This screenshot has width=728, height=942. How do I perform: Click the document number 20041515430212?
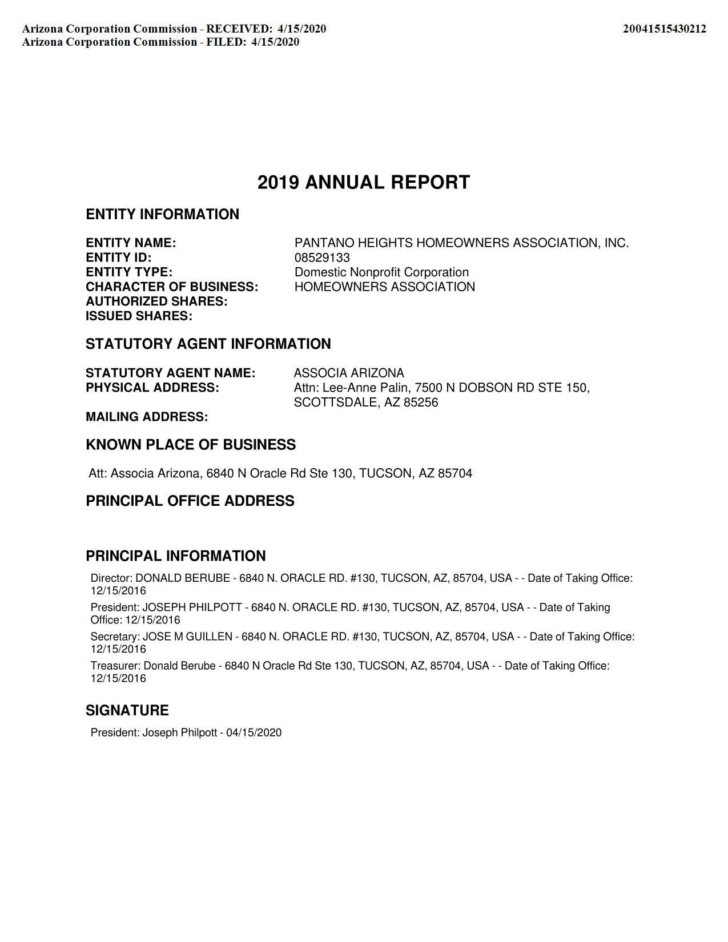tap(664, 29)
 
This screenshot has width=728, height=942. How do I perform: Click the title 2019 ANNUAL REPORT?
tap(364, 182)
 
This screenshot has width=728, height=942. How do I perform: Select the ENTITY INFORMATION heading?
tap(162, 214)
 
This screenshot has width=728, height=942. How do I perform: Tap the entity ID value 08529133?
tap(322, 257)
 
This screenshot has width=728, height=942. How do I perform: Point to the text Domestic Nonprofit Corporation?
tap(381, 272)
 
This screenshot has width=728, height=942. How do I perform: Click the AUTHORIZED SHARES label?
tap(156, 301)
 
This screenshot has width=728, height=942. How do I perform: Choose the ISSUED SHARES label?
tap(139, 316)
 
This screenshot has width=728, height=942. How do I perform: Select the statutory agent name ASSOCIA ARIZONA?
tap(349, 373)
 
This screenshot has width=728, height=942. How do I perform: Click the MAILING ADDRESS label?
tap(147, 417)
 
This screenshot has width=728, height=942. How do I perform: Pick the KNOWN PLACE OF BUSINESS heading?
tap(191, 445)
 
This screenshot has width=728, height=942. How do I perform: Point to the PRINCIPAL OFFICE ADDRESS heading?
tap(190, 501)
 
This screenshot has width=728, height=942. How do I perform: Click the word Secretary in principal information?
tap(114, 637)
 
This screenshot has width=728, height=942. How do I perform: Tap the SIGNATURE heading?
tap(127, 710)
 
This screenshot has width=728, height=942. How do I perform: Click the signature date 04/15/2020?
tap(254, 732)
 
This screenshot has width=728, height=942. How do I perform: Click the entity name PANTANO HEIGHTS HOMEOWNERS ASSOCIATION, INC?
tap(461, 243)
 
